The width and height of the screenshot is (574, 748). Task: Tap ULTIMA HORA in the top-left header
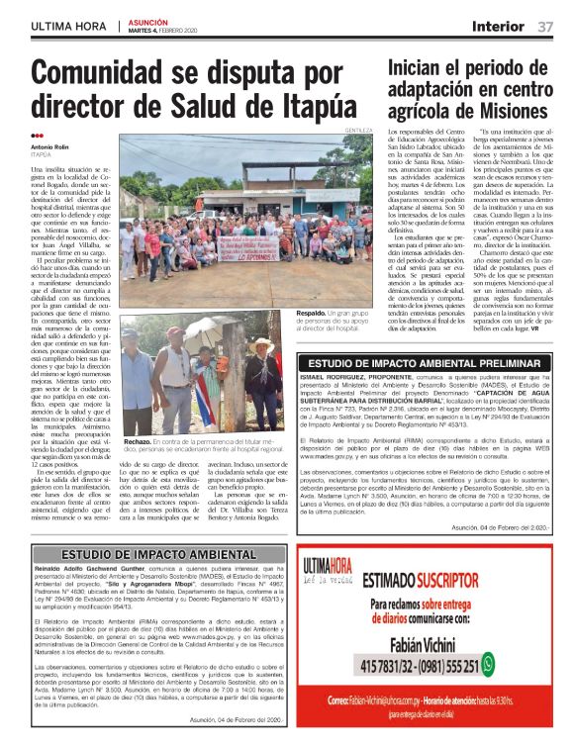[69, 25]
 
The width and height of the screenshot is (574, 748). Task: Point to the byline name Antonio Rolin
[50, 146]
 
